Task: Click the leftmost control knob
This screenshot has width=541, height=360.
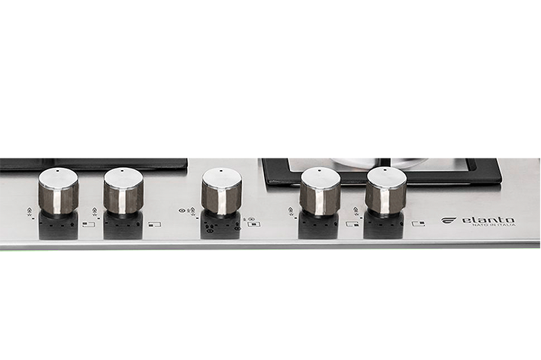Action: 59,191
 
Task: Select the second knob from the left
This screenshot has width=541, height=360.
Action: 124,191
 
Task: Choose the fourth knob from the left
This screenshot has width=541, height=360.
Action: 320,191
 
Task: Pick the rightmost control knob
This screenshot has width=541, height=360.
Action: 385,190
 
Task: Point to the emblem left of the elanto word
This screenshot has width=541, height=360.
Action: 450,220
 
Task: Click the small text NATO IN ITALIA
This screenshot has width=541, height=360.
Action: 494,226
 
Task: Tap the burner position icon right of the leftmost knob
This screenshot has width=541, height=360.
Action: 89,224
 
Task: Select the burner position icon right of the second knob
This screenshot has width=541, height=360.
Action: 156,224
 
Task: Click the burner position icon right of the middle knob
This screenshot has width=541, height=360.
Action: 253,224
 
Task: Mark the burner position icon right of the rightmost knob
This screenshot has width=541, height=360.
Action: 417,223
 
